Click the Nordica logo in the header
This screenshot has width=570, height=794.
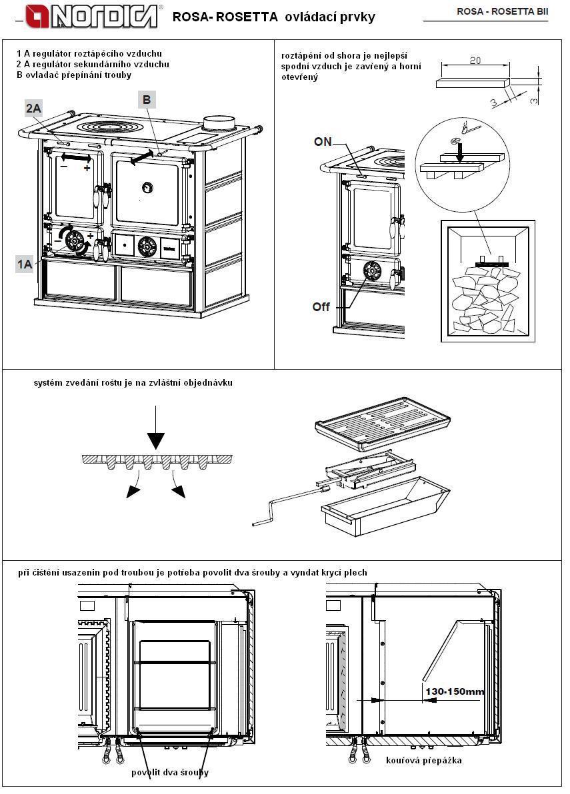(94, 16)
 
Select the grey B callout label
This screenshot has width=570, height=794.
(147, 100)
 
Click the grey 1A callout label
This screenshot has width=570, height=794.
(25, 264)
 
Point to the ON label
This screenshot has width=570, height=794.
(323, 142)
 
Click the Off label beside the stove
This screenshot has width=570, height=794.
(322, 307)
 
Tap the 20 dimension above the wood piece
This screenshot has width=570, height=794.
(475, 60)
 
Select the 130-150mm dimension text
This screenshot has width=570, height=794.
(455, 691)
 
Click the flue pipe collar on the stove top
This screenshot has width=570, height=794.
(221, 124)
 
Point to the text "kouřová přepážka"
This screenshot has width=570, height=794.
(423, 760)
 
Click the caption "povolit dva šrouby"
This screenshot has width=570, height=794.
(169, 772)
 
